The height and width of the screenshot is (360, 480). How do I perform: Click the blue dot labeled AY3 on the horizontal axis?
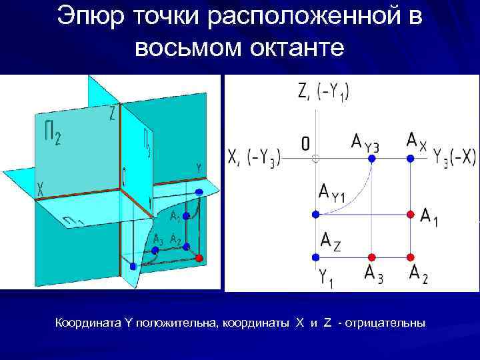click(372, 158)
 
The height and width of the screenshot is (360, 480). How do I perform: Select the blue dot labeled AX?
click(411, 158)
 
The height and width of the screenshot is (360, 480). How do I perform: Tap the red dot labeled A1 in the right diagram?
click(411, 214)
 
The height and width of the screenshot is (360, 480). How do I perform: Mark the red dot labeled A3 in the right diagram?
click(372, 256)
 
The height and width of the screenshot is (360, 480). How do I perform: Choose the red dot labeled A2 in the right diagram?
click(411, 256)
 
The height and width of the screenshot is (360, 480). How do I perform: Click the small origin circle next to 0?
click(315, 158)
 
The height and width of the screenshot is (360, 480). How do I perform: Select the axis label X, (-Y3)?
click(254, 157)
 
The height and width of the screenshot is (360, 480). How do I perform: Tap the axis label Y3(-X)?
click(454, 157)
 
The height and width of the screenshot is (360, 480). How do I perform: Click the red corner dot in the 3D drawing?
click(198, 257)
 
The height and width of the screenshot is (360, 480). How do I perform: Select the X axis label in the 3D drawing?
click(41, 189)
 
